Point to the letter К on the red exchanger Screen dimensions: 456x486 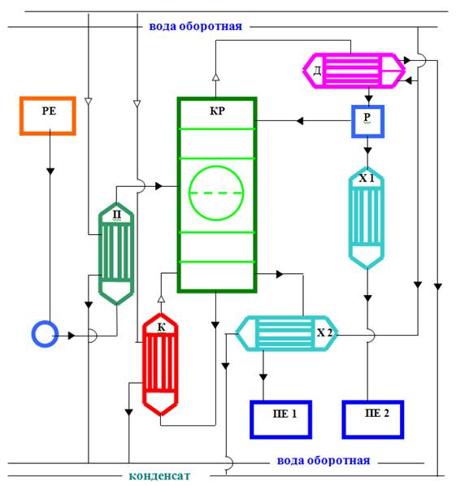(162, 327)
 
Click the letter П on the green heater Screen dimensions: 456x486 (117, 215)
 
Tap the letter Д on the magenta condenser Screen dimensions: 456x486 (317, 71)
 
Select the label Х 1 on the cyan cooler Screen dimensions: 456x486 (367, 178)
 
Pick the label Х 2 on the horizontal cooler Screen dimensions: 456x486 (324, 332)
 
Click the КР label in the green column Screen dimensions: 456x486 (217, 111)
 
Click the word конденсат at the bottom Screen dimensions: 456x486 (159, 475)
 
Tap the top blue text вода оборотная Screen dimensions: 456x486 (196, 26)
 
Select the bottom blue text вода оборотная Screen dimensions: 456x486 (324, 461)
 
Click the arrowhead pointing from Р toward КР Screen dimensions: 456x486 (299, 120)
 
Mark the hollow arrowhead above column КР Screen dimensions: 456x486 (215, 77)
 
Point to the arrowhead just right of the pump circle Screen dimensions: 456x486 (72, 336)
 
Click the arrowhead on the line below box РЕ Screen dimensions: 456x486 (50, 171)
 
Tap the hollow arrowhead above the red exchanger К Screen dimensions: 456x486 (161, 299)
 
